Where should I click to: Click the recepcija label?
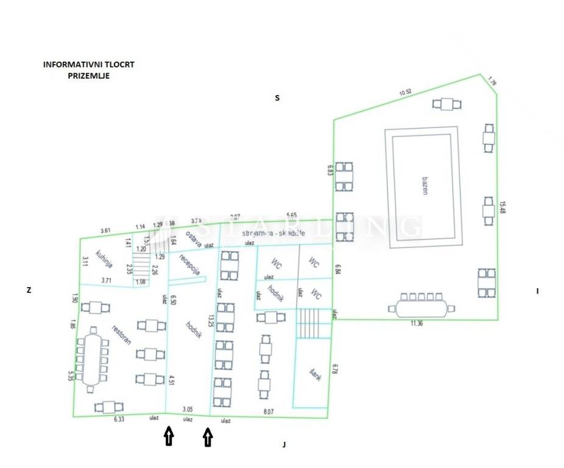pyautogui.click(x=190, y=264)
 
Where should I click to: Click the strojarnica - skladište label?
pyautogui.click(x=273, y=233)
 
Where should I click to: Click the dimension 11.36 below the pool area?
pyautogui.click(x=417, y=324)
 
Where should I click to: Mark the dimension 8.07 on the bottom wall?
pyautogui.click(x=268, y=412)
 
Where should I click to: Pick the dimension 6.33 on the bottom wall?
pyautogui.click(x=119, y=419)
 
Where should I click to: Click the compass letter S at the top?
pyautogui.click(x=277, y=97)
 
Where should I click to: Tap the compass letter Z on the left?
pyautogui.click(x=29, y=291)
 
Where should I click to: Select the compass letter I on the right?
pyautogui.click(x=537, y=291)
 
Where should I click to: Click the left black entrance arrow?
pyautogui.click(x=169, y=436)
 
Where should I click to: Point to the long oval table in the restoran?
pyautogui.click(x=93, y=360)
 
